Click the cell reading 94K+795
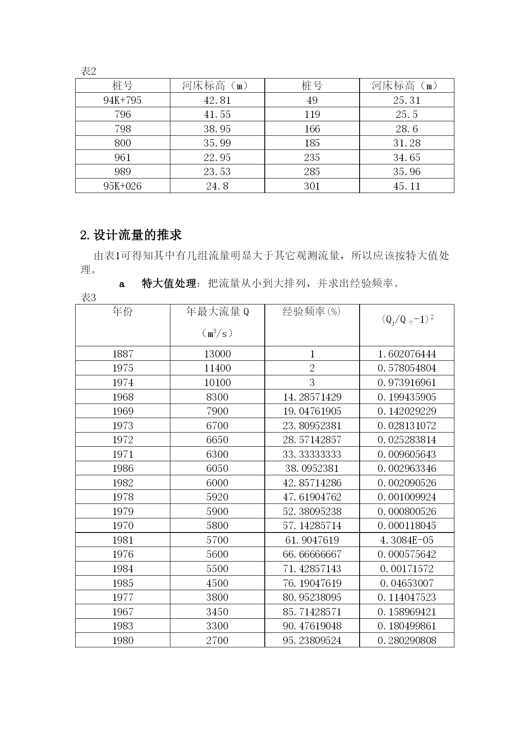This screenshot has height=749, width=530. [123, 100]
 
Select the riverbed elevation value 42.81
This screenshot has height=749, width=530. [217, 100]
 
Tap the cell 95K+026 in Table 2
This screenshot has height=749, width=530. [123, 186]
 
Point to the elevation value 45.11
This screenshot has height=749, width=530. [407, 186]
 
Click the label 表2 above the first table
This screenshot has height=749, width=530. [88, 71]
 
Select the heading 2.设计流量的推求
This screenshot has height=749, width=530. [131, 235]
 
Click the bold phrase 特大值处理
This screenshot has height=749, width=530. [169, 284]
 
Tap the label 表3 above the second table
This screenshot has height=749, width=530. [88, 298]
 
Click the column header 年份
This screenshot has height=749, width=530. [123, 312]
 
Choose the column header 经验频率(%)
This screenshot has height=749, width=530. [312, 312]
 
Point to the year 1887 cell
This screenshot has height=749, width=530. [123, 354]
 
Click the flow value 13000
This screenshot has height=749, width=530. [217, 354]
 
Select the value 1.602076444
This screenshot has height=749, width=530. [407, 354]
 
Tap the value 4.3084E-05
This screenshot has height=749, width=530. [407, 540]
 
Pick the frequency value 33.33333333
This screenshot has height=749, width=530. [312, 454]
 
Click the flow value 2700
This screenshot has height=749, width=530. [217, 641]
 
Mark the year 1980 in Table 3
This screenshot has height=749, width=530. [123, 641]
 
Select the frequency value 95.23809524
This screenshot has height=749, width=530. [312, 641]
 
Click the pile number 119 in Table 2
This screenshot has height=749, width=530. [312, 114]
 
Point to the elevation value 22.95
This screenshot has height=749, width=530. [217, 158]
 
